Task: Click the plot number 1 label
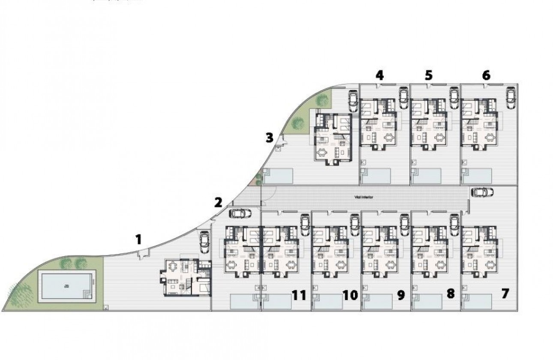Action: point(138,239)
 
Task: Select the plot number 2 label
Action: point(218,202)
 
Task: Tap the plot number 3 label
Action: point(269,138)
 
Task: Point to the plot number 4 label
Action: point(379,75)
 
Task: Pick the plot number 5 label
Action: point(429,75)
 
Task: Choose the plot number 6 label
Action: point(486,75)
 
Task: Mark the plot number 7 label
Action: point(505,294)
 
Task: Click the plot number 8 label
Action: point(450,294)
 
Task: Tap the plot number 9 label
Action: point(401,295)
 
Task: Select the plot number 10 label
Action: point(350,295)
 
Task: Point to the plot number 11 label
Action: point(299,295)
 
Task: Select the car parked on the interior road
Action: point(481,192)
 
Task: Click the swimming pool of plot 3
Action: point(279,176)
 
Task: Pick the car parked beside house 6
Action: point(510,98)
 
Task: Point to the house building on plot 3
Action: point(333,136)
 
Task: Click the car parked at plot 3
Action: point(353,101)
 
